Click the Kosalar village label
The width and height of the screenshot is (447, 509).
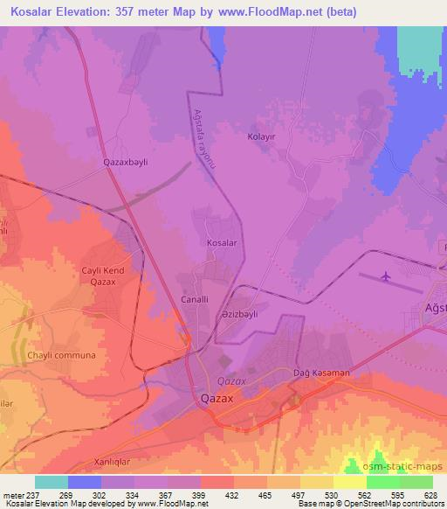(221, 242)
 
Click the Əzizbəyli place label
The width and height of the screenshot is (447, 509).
(265, 314)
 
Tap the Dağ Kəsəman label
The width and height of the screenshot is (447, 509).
(322, 373)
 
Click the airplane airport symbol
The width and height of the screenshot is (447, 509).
(386, 277)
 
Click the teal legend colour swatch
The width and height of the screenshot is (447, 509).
(51, 482)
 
